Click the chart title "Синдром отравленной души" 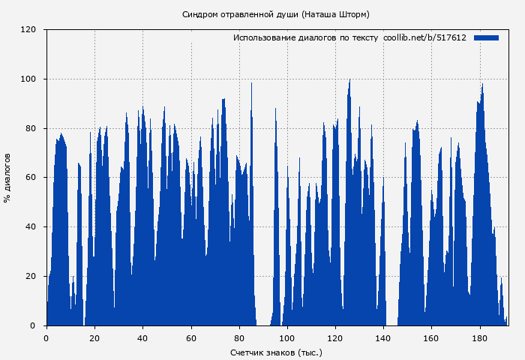click(275, 14)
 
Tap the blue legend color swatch click(486, 37)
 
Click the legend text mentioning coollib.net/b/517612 click(349, 37)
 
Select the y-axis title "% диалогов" click(7, 178)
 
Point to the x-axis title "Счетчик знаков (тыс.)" click(275, 352)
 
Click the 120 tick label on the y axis click(28, 30)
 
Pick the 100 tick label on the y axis click(28, 79)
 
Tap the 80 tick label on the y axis click(31, 128)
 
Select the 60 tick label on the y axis click(31, 178)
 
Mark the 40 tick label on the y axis click(31, 227)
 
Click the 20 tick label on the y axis click(31, 277)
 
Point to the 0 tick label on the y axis click(34, 325)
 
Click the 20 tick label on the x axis click(94, 337)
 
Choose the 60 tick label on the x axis click(190, 337)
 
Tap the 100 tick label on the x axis click(287, 337)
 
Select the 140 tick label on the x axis click(383, 337)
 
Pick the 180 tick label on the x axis click(479, 337)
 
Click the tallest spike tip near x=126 click(349, 79)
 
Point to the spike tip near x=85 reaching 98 click(251, 83)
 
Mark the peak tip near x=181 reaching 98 click(482, 84)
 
